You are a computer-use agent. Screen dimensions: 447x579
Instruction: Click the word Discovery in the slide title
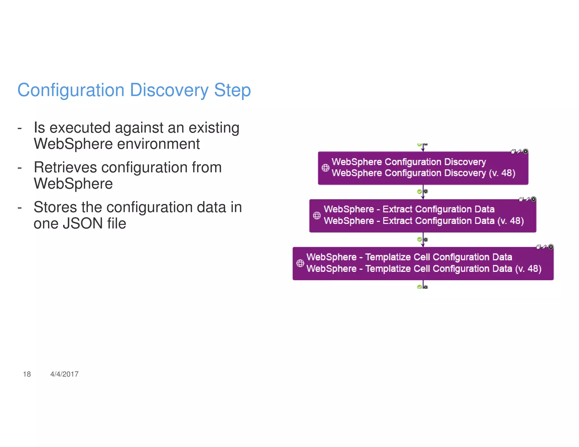coord(169,90)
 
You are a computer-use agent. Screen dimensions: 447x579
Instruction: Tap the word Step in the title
coord(232,90)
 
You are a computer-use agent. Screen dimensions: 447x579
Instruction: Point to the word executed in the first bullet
coord(80,128)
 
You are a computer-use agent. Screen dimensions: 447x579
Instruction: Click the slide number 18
coord(27,374)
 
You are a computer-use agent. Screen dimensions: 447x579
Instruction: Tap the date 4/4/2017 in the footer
coord(64,374)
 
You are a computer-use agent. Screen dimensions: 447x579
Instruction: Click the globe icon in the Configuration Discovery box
coord(325,168)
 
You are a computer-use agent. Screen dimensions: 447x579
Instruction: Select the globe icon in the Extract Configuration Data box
coord(317,216)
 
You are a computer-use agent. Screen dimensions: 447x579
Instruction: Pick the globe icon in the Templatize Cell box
coord(300,263)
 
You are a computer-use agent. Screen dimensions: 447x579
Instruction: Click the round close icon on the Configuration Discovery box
coord(526,151)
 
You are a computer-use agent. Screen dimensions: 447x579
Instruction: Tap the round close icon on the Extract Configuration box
coord(533,199)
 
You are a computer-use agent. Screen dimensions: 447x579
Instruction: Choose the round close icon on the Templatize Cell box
coord(551,247)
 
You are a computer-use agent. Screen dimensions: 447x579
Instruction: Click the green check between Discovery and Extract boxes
coord(420,192)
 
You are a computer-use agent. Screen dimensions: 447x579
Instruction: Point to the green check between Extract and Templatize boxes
coord(420,239)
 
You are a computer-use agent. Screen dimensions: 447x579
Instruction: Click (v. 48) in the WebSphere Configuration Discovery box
coord(502,173)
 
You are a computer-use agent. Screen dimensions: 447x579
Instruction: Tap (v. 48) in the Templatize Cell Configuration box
coord(528,268)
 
